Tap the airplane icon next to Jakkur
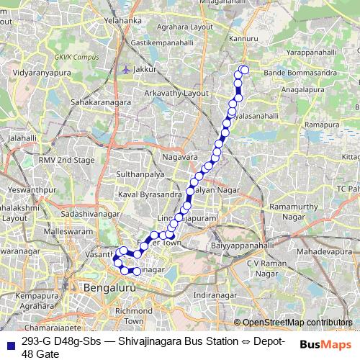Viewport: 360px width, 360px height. pos(127,70)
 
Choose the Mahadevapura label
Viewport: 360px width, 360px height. pos(320,253)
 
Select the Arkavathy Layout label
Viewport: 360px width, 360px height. pos(177,94)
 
